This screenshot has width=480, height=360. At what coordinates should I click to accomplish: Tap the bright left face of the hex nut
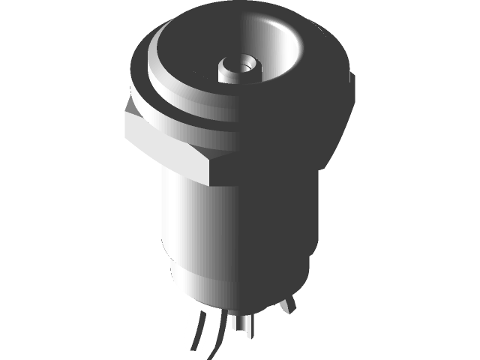click(x=161, y=146)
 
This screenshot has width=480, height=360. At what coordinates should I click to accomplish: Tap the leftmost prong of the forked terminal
click(x=191, y=330)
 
